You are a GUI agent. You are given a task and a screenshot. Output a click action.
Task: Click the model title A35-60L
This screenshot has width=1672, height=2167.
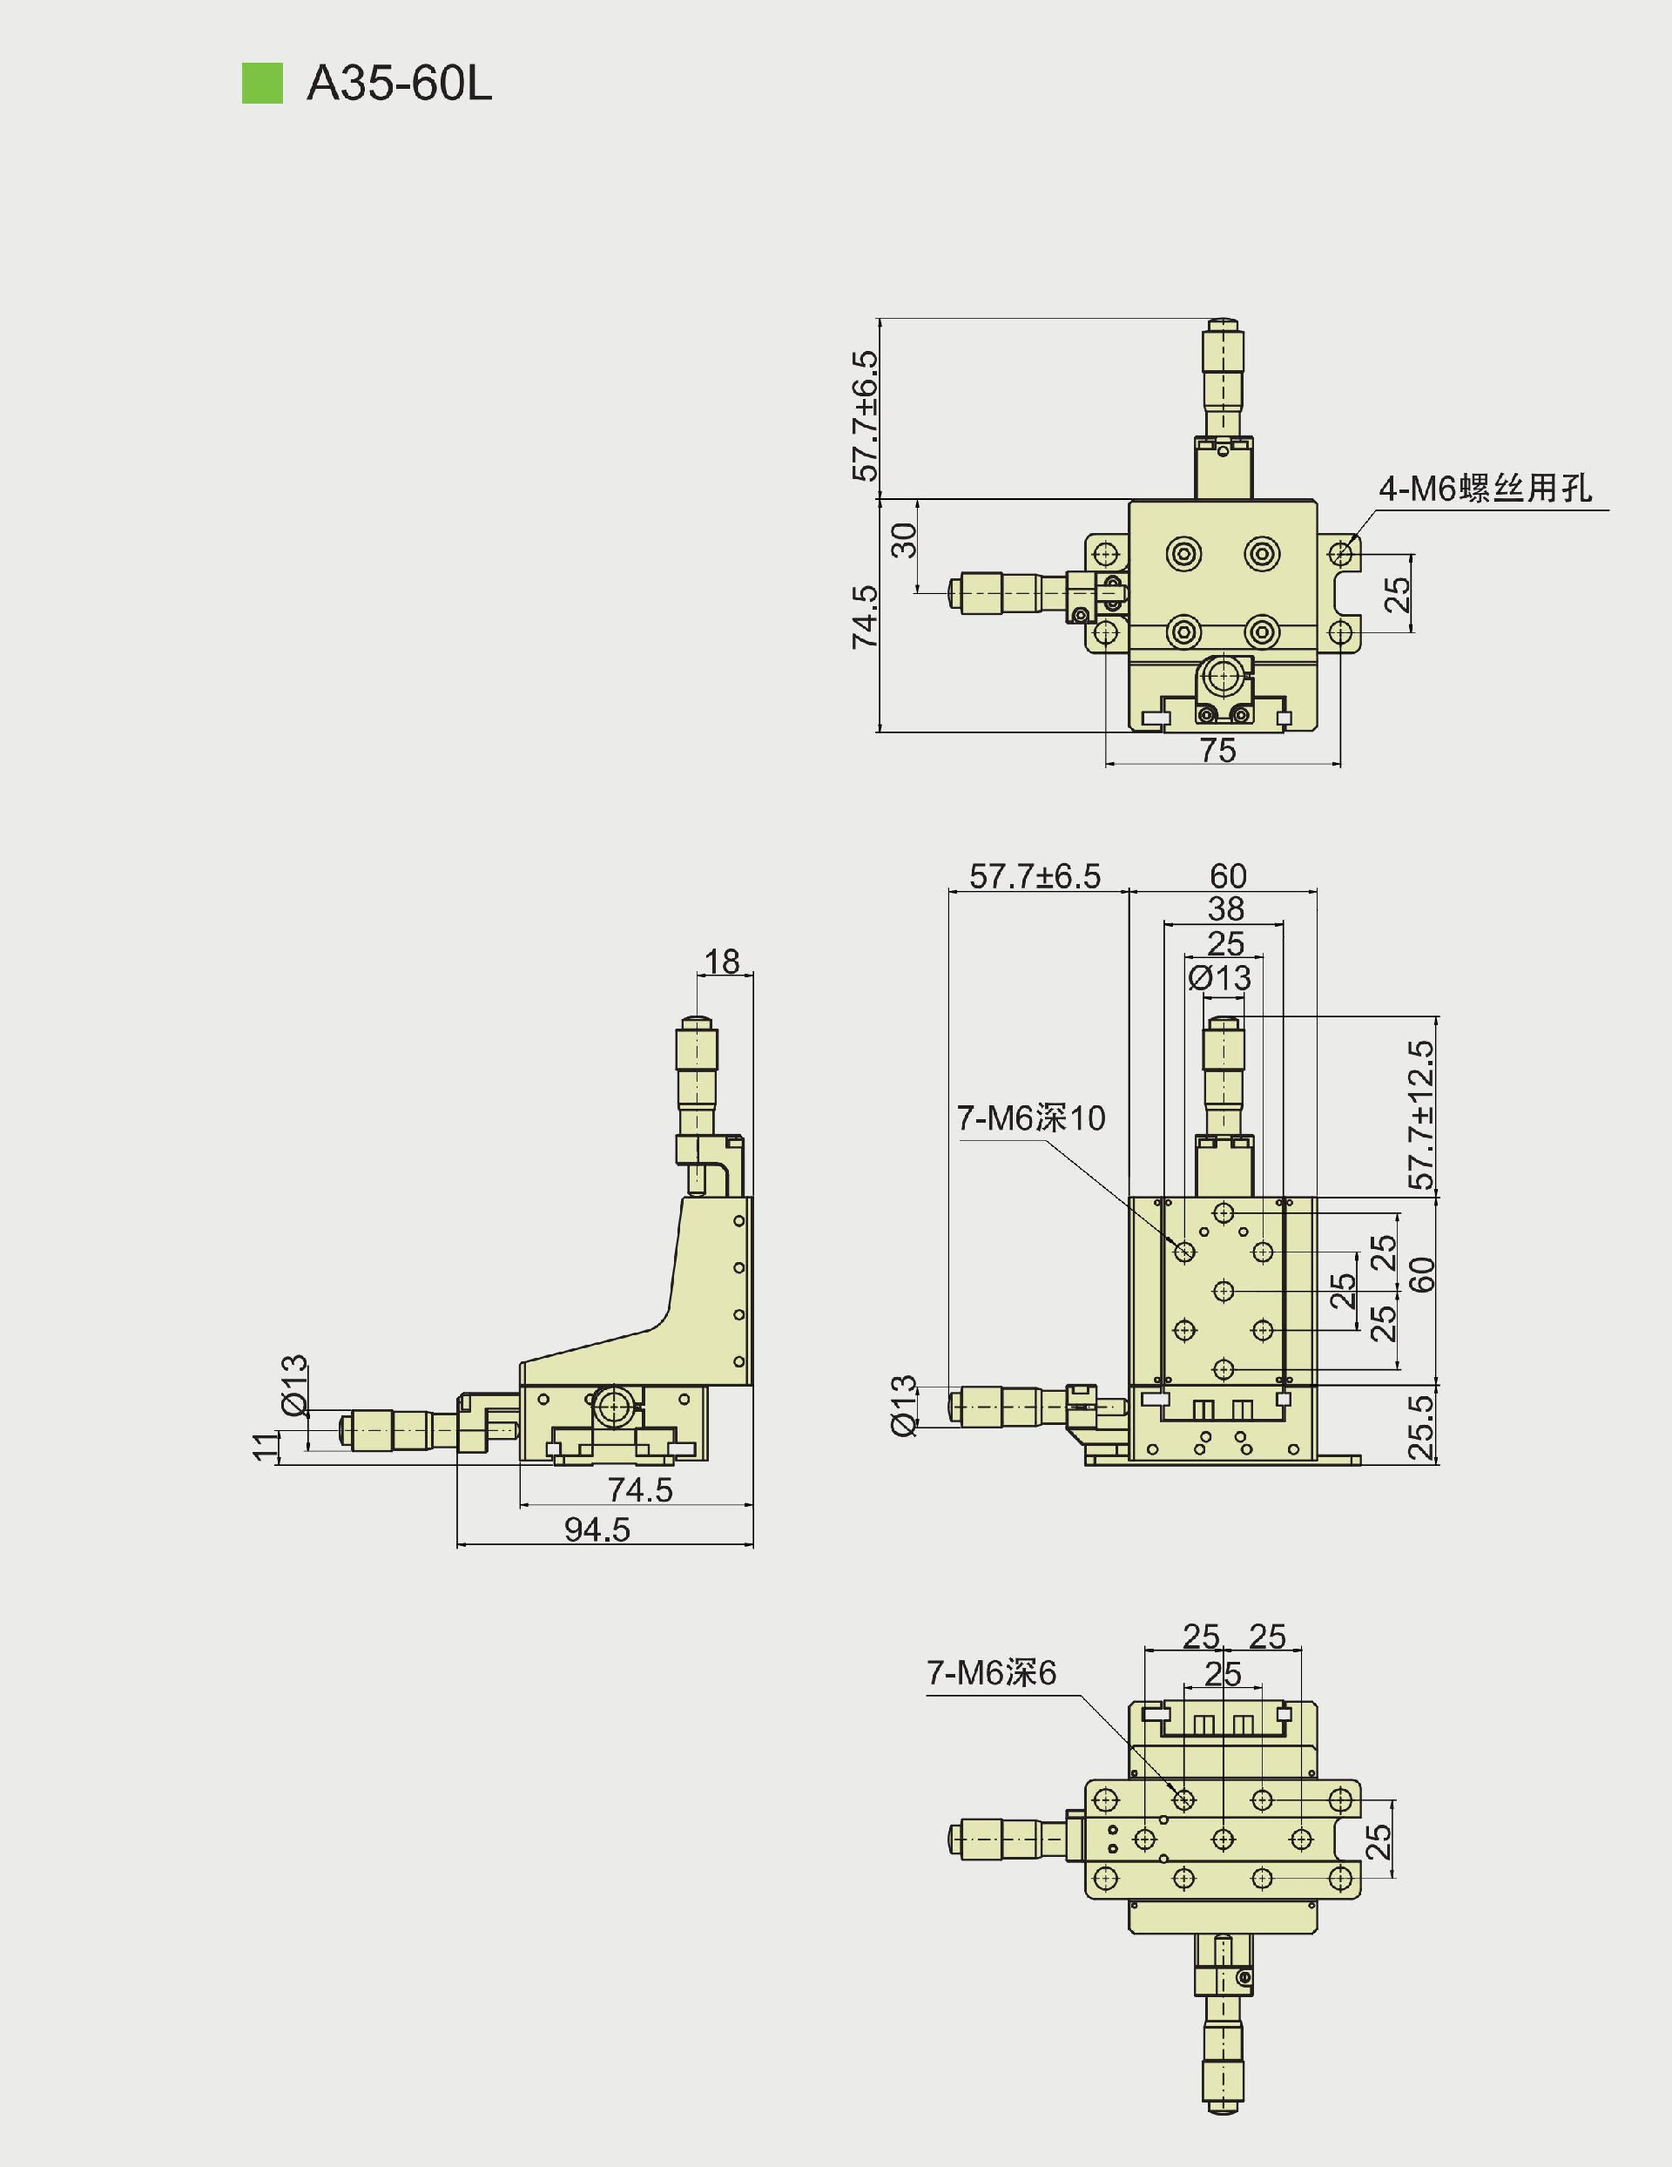coord(399,84)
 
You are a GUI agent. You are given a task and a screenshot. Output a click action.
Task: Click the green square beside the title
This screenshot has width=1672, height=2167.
coord(262,84)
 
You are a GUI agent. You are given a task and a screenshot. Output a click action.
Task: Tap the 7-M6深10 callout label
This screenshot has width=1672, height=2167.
coord(1031,1118)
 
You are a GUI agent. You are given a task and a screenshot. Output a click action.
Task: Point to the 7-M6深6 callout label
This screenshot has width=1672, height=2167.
coord(991,1673)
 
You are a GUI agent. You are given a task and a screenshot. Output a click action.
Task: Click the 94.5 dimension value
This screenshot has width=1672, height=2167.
coord(597,1530)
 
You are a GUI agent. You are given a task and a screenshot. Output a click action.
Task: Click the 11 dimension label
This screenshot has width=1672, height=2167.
coord(265,1447)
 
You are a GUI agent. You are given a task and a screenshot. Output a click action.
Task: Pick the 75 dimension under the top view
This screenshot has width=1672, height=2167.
coord(1217,751)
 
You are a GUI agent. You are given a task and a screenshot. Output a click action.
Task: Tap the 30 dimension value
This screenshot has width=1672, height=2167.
coord(904,541)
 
